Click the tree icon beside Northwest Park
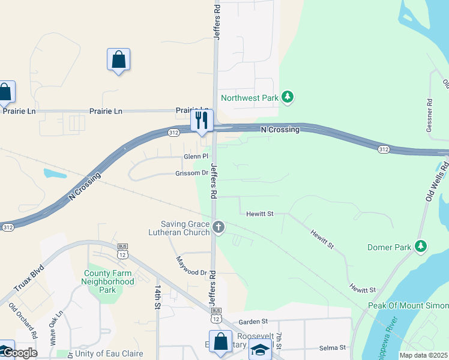288,97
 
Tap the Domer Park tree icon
421,246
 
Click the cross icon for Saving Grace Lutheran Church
218,227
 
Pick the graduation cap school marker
260,350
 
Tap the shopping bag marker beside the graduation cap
220,342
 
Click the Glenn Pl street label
196,157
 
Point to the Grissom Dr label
192,173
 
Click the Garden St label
253,322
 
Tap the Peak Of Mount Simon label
408,306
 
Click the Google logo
19,353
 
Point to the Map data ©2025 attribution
424,355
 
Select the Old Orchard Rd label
24,322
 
